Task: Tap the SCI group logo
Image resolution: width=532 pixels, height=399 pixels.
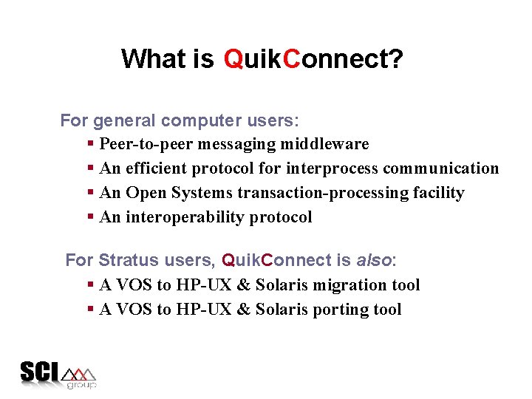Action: [x=58, y=375]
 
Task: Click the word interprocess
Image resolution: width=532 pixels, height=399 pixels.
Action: [x=332, y=168]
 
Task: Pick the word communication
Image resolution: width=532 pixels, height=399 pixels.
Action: [x=440, y=168]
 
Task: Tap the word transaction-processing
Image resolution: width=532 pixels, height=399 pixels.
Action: [x=319, y=193]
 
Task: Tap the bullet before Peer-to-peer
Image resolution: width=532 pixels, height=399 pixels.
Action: [x=90, y=144]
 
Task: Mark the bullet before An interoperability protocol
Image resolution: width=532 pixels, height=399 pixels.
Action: [x=90, y=217]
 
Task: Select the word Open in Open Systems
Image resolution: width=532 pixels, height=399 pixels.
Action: [x=146, y=193]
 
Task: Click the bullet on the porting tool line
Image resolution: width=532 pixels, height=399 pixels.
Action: [x=90, y=310]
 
